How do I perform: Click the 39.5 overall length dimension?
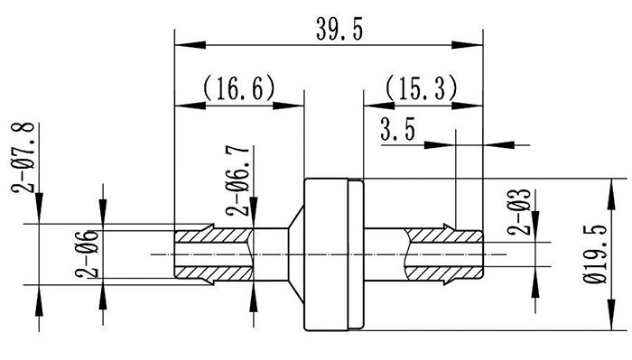329,30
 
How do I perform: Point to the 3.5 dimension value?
397,132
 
